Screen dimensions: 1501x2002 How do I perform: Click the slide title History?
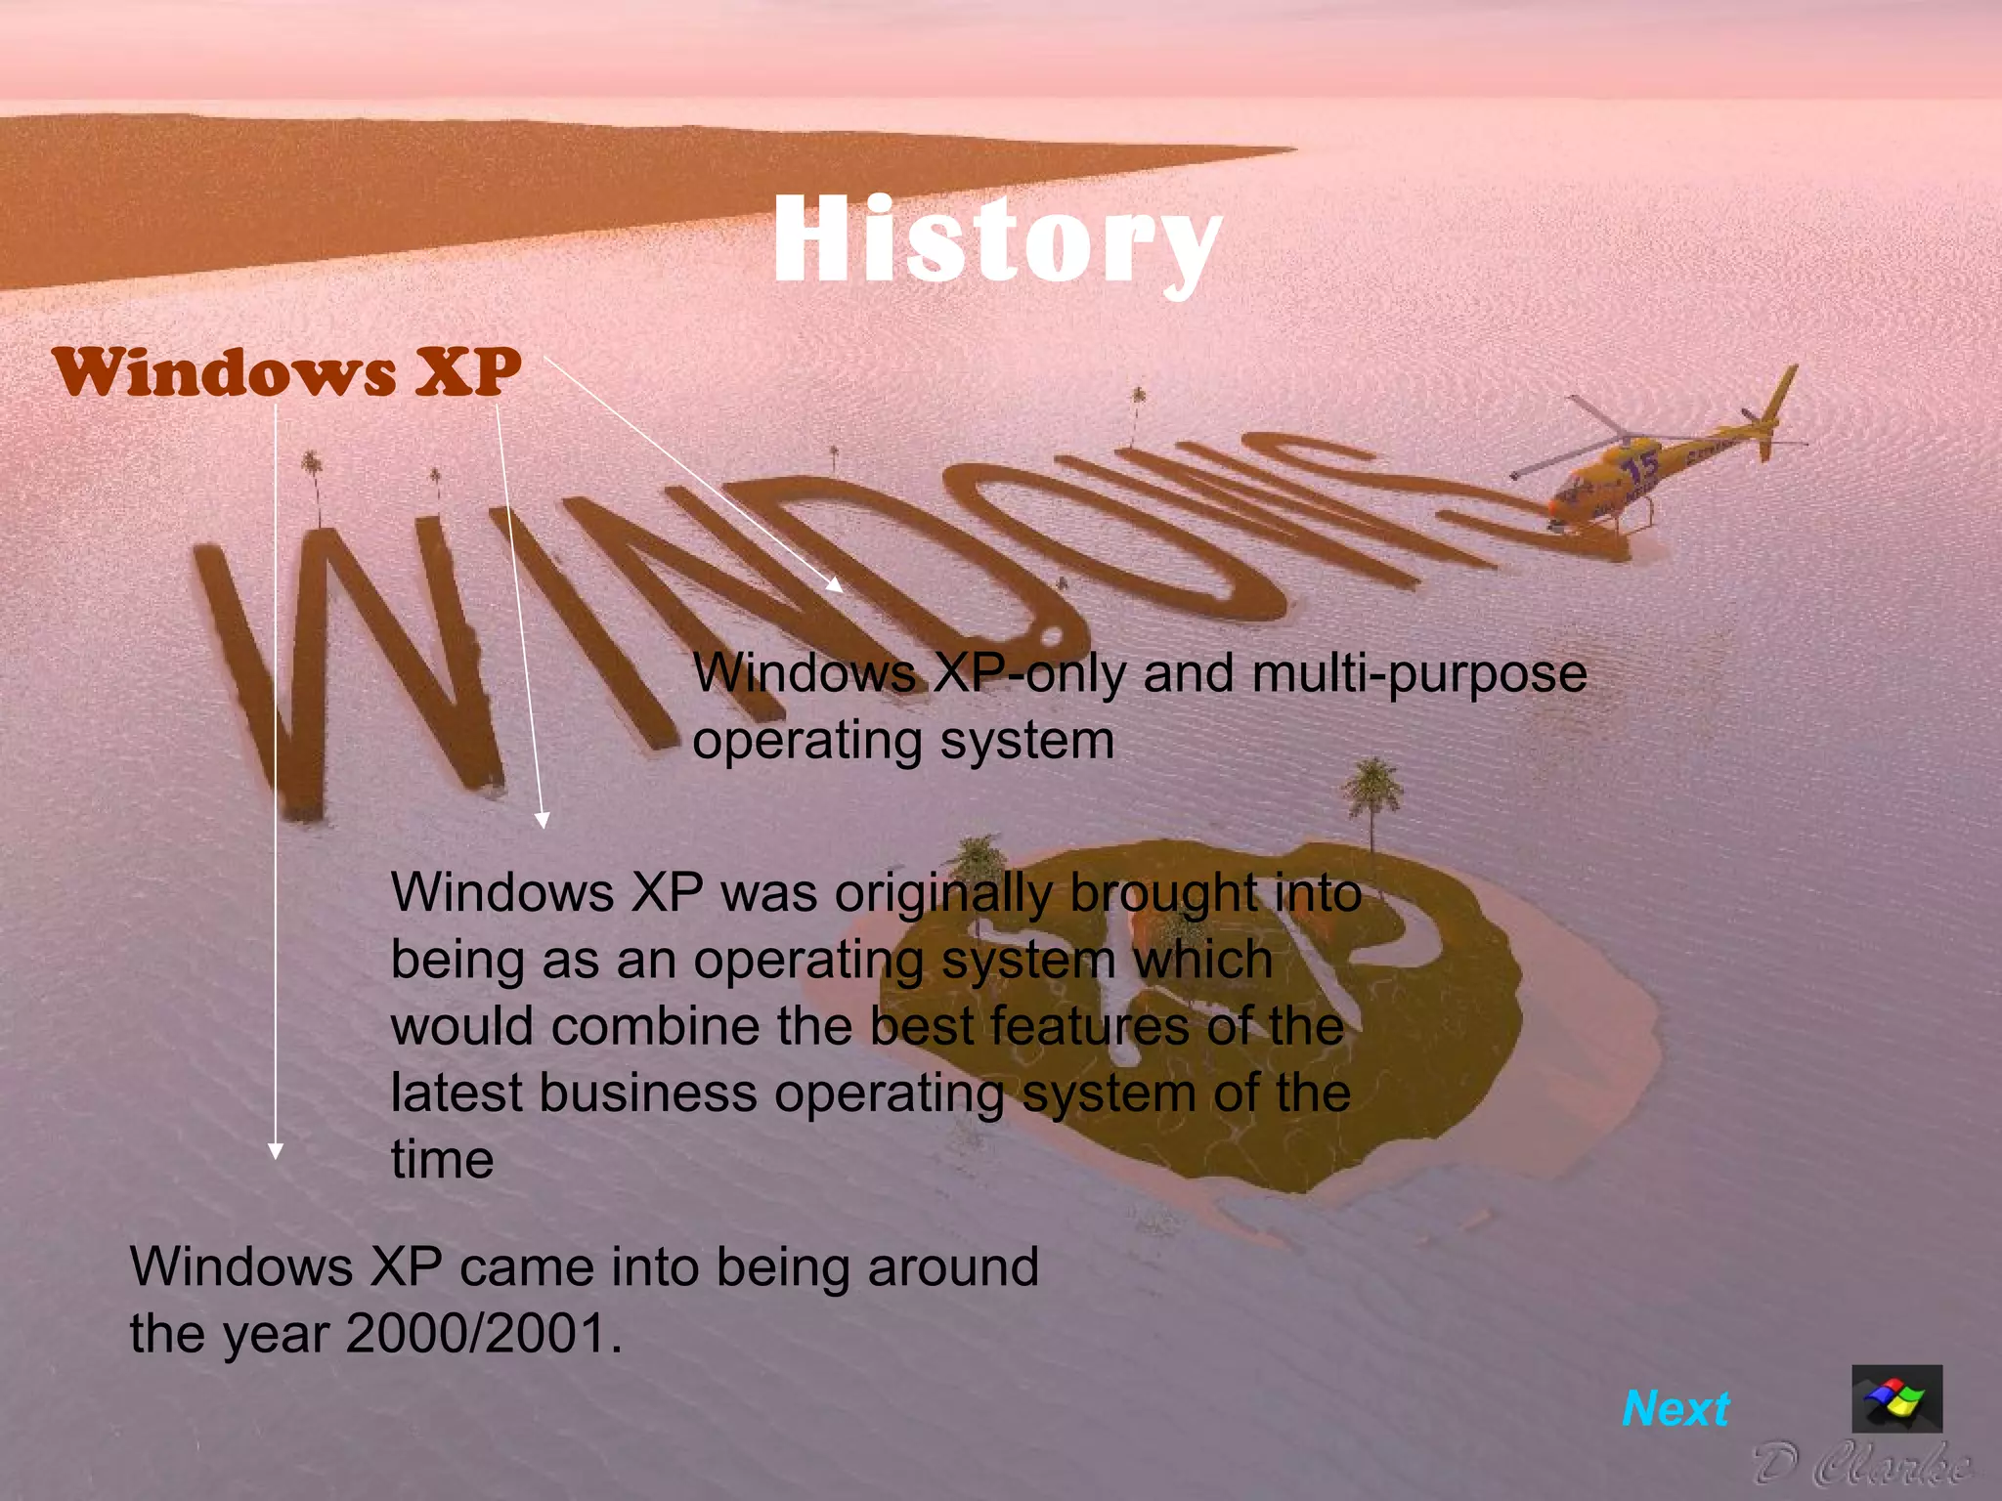pos(997,240)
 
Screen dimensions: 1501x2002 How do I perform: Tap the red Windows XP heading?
pos(286,372)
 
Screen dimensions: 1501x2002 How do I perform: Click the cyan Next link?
pos(1676,1409)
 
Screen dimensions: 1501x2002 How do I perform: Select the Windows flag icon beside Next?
pos(1896,1399)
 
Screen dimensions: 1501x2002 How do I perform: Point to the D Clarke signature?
pos(1862,1465)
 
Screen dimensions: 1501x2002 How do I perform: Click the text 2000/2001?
pos(484,1333)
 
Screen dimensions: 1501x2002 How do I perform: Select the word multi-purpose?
pos(1419,673)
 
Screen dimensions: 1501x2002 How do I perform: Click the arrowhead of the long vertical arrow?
pos(276,1150)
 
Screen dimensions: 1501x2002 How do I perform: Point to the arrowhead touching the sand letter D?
pos(833,584)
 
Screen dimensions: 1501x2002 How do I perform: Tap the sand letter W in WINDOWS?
pos(352,665)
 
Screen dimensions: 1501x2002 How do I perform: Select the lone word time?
pos(442,1160)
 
